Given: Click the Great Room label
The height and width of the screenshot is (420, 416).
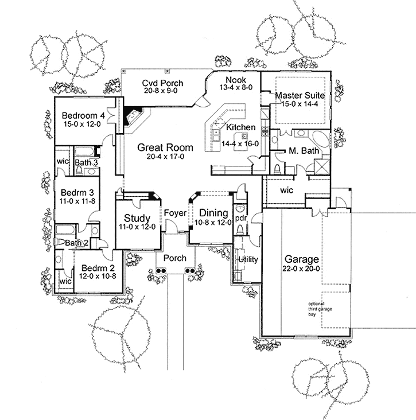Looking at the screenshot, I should tap(165, 147).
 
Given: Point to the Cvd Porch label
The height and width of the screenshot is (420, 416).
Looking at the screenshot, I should tap(163, 83).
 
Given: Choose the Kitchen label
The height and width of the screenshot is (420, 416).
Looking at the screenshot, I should tap(240, 127).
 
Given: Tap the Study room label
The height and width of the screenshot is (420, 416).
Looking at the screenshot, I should tap(138, 219).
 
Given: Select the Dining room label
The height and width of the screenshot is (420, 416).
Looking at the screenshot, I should tap(213, 213).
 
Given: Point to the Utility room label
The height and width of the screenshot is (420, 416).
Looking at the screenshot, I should tap(248, 259).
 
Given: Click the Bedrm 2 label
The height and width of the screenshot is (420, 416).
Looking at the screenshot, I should tap(97, 268).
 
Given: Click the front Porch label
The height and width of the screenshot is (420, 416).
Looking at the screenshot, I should tap(174, 258).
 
